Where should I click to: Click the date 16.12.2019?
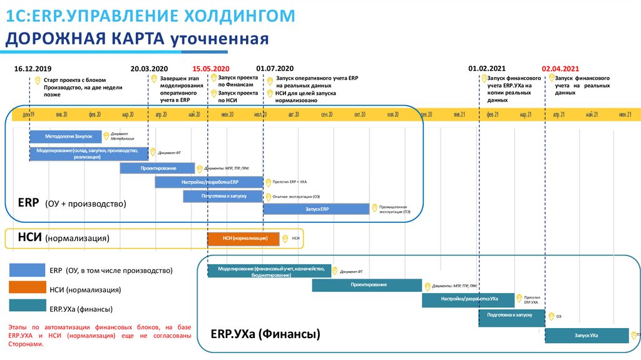pos(33,68)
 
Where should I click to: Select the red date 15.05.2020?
pos(211,68)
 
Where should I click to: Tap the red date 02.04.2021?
pos(560,68)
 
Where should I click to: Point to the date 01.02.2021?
pos(487,68)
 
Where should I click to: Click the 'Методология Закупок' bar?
pos(68,136)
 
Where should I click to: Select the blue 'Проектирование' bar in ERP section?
pos(158,168)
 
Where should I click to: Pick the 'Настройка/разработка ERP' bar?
pos(209,182)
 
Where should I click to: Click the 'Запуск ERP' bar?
pos(316,208)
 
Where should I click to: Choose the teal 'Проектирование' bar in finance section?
pos(367,285)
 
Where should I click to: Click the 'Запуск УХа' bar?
pos(587,336)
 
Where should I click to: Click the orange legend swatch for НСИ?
pos(27,287)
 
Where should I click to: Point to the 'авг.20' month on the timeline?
pos(294,115)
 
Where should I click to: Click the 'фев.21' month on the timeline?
pos(492,115)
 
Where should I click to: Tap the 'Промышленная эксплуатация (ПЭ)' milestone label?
pos(392,209)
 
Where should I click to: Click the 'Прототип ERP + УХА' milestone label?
pos(289,182)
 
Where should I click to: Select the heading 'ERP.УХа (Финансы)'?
pos(265,334)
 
